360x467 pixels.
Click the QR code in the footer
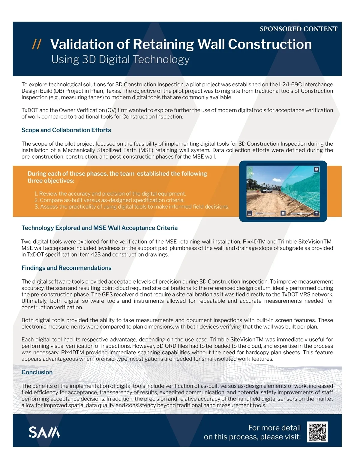[x=317, y=432]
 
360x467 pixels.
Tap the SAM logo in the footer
[x=44, y=432]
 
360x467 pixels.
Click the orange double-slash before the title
[x=37, y=44]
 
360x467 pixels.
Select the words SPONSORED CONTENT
[x=298, y=29]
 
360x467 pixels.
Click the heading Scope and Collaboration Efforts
[x=66, y=130]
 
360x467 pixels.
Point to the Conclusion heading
[x=37, y=372]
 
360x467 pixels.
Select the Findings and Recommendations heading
[x=66, y=268]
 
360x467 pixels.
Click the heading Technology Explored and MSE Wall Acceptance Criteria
[x=99, y=228]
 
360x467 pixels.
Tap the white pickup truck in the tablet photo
[x=266, y=191]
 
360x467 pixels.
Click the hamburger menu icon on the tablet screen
[x=250, y=213]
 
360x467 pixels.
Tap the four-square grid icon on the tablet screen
[x=283, y=213]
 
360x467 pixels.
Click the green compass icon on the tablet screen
[x=250, y=175]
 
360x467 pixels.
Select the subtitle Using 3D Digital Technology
[x=120, y=59]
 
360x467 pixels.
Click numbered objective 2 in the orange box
[x=109, y=200]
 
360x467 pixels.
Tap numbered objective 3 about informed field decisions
[x=132, y=207]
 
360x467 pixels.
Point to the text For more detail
[x=274, y=428]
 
